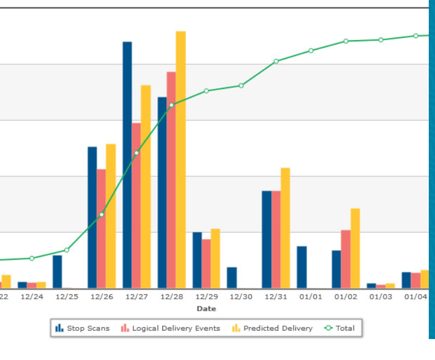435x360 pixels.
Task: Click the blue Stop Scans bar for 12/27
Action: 127,164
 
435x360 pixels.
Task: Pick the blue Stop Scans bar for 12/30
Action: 232,277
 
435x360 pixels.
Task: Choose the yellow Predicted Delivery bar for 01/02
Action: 355,248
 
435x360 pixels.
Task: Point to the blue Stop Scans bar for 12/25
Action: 57,272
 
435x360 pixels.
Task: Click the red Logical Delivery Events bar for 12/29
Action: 206,263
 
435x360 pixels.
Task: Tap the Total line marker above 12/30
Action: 241,85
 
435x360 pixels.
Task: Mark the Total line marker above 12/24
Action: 32,258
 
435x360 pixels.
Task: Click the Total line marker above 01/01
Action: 311,50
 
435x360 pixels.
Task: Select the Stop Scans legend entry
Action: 83,328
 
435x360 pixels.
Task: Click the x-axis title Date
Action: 206,309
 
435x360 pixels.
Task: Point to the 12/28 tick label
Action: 171,297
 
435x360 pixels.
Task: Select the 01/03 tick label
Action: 381,297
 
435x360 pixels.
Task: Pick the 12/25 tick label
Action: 67,297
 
